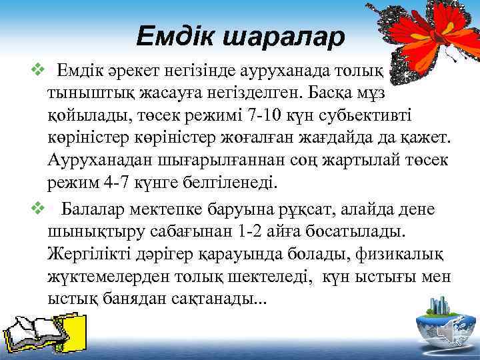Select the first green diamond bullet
[39, 68]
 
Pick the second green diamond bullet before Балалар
[39, 209]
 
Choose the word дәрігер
[170, 254]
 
